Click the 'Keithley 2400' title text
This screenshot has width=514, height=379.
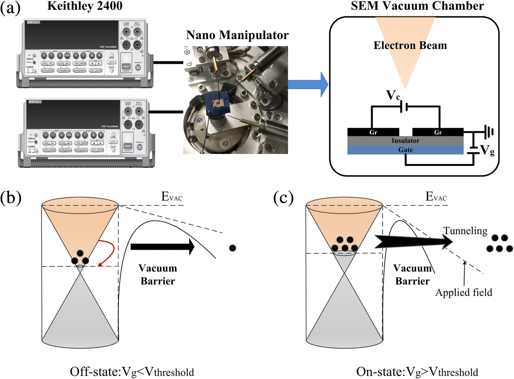pos(84,6)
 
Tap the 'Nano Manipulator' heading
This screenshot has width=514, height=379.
pos(237,35)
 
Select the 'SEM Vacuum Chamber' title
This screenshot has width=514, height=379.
pos(417,6)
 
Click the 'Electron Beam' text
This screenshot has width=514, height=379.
pos(410,45)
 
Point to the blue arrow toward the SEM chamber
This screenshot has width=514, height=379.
pos(308,84)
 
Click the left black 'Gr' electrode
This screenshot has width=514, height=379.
pos(373,132)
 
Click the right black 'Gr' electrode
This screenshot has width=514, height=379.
pos(438,132)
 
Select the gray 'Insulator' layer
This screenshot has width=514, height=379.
pos(405,141)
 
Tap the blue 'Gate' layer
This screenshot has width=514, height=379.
pos(405,150)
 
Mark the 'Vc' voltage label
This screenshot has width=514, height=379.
pos(393,95)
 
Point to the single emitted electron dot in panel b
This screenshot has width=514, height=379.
pos(233,248)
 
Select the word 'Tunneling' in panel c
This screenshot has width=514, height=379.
pos(465,231)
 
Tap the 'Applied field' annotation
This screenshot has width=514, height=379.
pos(464,292)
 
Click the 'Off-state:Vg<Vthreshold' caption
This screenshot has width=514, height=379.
pos(132,372)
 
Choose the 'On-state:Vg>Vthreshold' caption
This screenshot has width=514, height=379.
pos(417,372)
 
